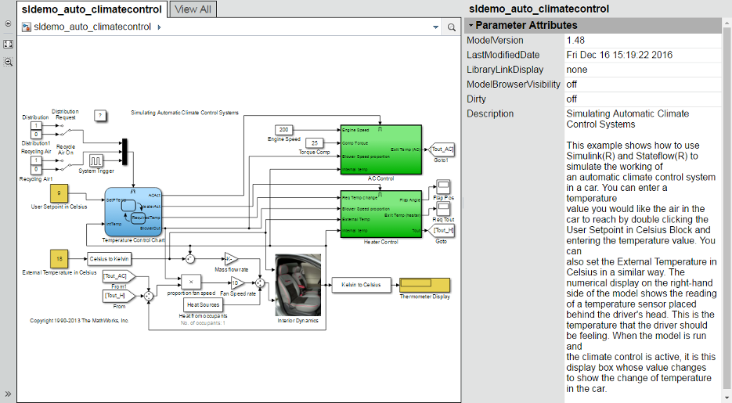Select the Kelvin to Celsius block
pos(361,285)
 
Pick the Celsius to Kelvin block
pos(109,258)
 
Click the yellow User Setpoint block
pos(59,193)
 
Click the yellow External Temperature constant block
pos(59,258)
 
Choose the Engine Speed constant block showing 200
pos(283,129)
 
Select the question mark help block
pos(100,116)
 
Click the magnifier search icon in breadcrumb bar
pos(452,27)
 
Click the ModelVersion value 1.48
pos(575,40)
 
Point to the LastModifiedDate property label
pos(503,55)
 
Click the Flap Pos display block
pos(443,186)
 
